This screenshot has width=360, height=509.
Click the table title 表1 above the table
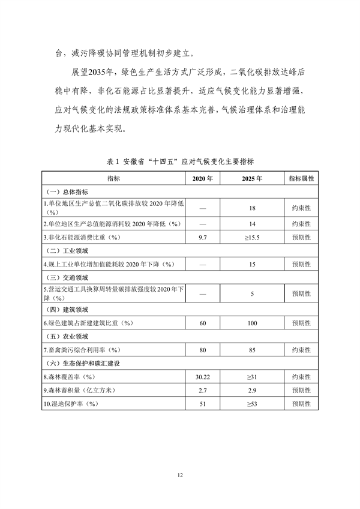pos(180,161)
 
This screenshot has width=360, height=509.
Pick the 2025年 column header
pos(252,178)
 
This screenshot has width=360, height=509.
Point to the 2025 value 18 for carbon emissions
pos(252,207)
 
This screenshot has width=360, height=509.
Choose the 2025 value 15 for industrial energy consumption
pos(252,264)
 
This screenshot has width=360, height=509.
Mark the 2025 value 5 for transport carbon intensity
pos(252,294)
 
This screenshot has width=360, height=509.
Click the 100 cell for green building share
pos(252,323)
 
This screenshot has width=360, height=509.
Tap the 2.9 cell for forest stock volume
pos(252,390)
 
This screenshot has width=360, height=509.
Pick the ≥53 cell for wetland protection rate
pos(252,404)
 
